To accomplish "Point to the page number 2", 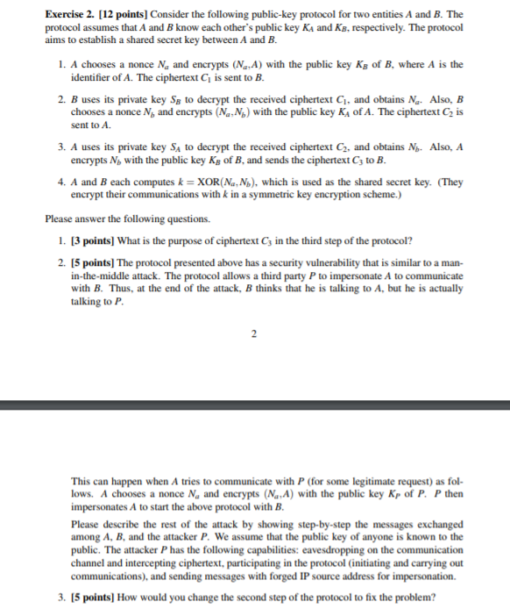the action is point(254,333).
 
